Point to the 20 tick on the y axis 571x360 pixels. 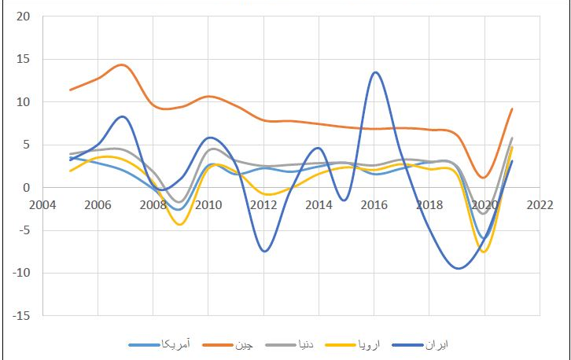pos(24,17)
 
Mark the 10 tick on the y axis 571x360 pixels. pos(24,102)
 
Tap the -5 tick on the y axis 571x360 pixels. pos(24,230)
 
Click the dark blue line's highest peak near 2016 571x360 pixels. pos(375,72)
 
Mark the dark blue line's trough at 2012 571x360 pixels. pos(265,251)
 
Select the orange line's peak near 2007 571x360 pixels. pos(122,65)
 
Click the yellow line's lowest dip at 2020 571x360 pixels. pos(485,252)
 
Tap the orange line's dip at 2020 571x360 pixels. pos(484,178)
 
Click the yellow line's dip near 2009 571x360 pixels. pos(181,225)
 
